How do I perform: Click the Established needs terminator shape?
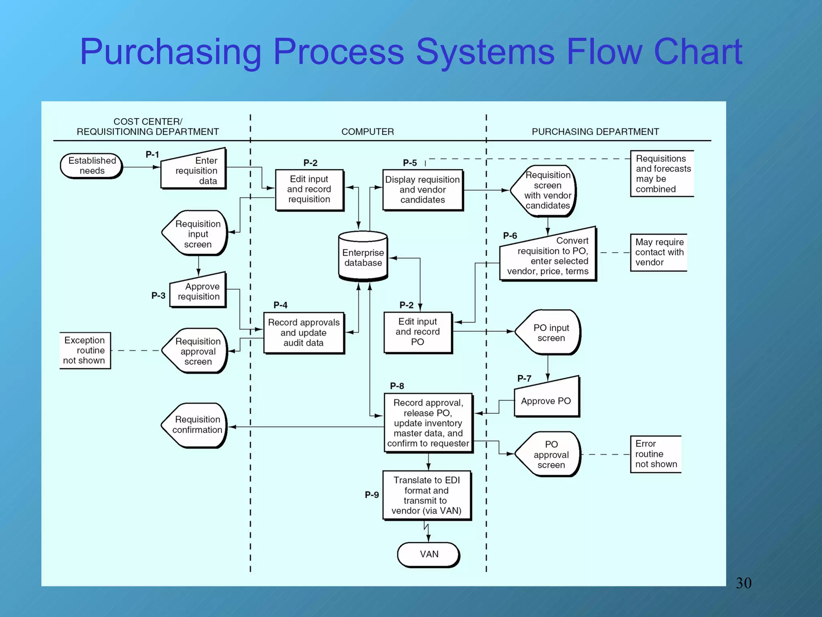coord(92,165)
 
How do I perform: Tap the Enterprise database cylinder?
coord(363,257)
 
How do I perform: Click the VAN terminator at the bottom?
coord(428,554)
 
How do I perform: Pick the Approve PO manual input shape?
coord(547,400)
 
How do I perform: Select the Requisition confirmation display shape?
coord(196,425)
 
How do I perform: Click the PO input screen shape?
coord(549,333)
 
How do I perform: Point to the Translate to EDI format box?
coord(427,495)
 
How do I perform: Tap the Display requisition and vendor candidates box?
coord(423,190)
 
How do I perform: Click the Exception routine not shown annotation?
coord(85,350)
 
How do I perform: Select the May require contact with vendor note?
coord(658,252)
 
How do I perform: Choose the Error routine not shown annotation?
coord(655,454)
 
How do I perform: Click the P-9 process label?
coord(372,495)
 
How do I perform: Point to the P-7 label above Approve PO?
coord(524,378)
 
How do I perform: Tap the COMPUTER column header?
coord(367,132)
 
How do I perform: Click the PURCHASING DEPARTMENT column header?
coord(595,132)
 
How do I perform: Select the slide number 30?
coord(743,583)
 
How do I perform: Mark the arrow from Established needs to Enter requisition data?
coord(140,167)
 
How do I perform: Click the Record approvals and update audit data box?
coord(304,333)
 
